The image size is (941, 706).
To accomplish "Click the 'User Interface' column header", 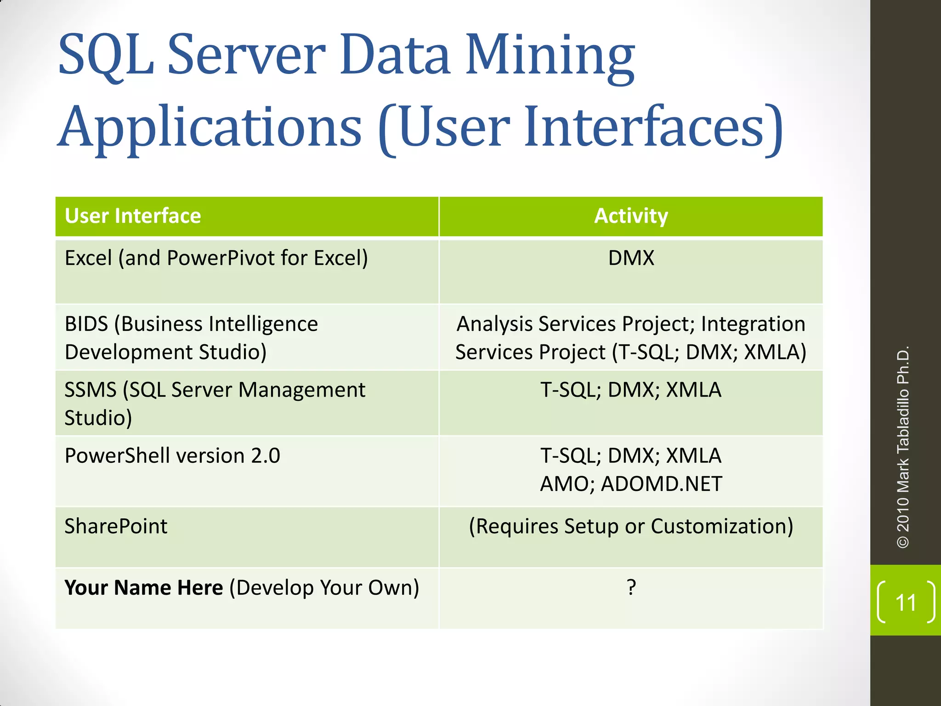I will click(x=133, y=216).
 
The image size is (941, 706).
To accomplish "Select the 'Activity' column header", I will click(x=631, y=216).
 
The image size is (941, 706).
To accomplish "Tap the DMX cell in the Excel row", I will click(x=631, y=258).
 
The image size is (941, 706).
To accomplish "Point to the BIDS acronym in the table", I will click(x=86, y=324).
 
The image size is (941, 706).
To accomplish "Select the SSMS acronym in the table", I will click(x=91, y=390).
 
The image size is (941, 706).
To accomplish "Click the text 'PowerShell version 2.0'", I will click(x=172, y=456).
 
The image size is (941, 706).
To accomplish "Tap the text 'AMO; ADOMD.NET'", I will click(x=631, y=484).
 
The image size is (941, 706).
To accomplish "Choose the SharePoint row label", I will click(x=116, y=526).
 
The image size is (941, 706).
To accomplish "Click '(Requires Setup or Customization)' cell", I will click(x=631, y=526).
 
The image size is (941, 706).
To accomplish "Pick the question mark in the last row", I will click(x=631, y=587).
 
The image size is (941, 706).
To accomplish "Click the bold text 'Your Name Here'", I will click(x=143, y=588).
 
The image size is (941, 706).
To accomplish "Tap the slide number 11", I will click(x=906, y=603).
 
